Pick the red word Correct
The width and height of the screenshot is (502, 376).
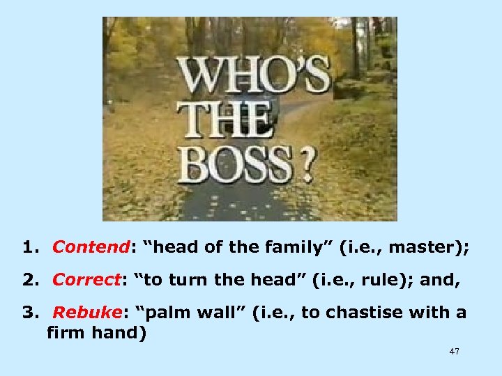[x=86, y=279]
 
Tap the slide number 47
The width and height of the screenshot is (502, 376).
[x=454, y=352]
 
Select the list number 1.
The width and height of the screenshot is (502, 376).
[x=29, y=246]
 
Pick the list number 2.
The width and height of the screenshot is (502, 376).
[x=29, y=279]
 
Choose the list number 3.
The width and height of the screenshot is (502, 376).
[x=29, y=313]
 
